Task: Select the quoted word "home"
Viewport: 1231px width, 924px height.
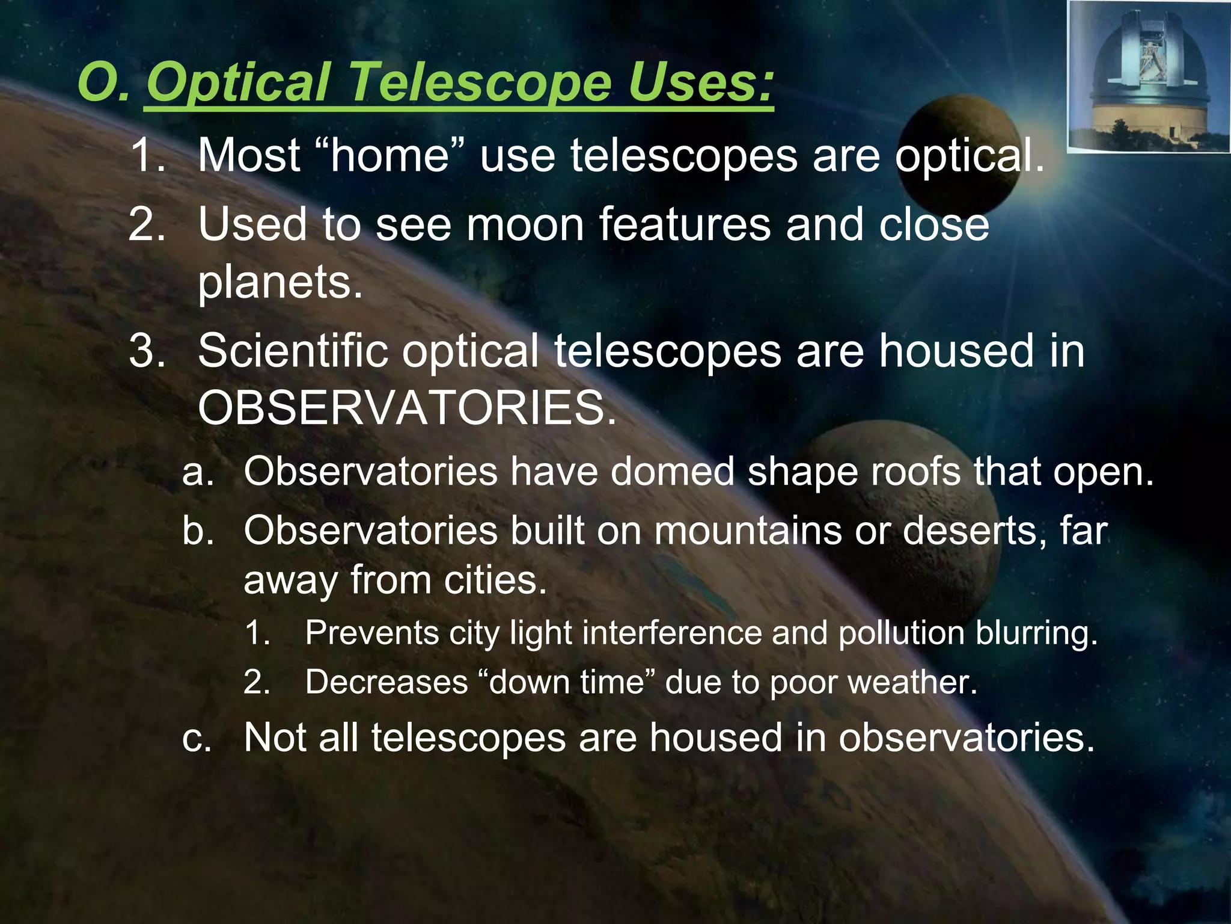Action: point(390,156)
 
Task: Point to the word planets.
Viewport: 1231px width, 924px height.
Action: point(280,282)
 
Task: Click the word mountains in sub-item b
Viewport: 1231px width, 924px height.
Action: point(748,531)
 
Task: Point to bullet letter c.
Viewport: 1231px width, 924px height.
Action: point(197,738)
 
